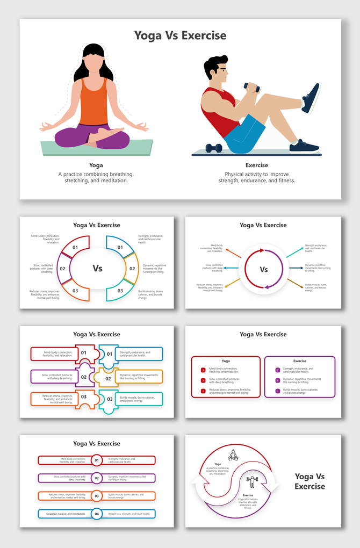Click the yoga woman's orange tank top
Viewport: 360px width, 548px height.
click(94, 105)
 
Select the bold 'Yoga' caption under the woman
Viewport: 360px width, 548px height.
click(96, 165)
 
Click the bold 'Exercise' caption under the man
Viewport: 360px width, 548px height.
click(256, 165)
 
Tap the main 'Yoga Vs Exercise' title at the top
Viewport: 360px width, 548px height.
click(180, 35)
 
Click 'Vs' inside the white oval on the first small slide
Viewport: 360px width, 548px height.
click(97, 268)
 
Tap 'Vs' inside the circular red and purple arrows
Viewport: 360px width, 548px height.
click(264, 269)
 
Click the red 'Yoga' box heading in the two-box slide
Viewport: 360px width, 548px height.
click(226, 361)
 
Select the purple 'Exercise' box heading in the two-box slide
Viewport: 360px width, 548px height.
click(300, 361)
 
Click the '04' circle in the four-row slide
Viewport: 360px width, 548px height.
click(97, 514)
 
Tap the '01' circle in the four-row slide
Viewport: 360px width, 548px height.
click(97, 460)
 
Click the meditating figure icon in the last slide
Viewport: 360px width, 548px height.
click(233, 455)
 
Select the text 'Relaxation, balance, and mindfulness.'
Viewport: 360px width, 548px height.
click(66, 514)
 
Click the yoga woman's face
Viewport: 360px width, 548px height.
click(95, 64)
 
